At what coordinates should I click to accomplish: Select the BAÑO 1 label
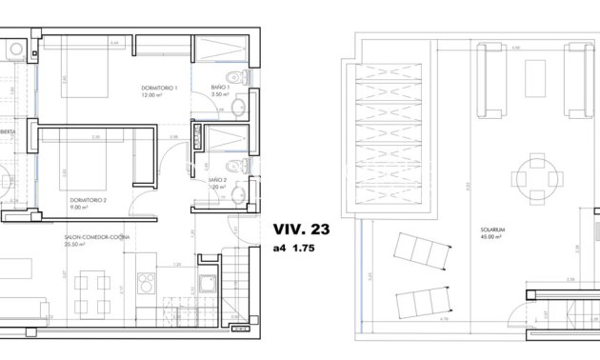[x=222, y=87]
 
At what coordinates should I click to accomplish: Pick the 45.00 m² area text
[x=494, y=237]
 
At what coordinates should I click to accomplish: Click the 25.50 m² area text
[x=79, y=243]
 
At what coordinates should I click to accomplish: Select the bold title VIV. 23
[x=300, y=230]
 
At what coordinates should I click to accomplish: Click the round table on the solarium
[x=530, y=176]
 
